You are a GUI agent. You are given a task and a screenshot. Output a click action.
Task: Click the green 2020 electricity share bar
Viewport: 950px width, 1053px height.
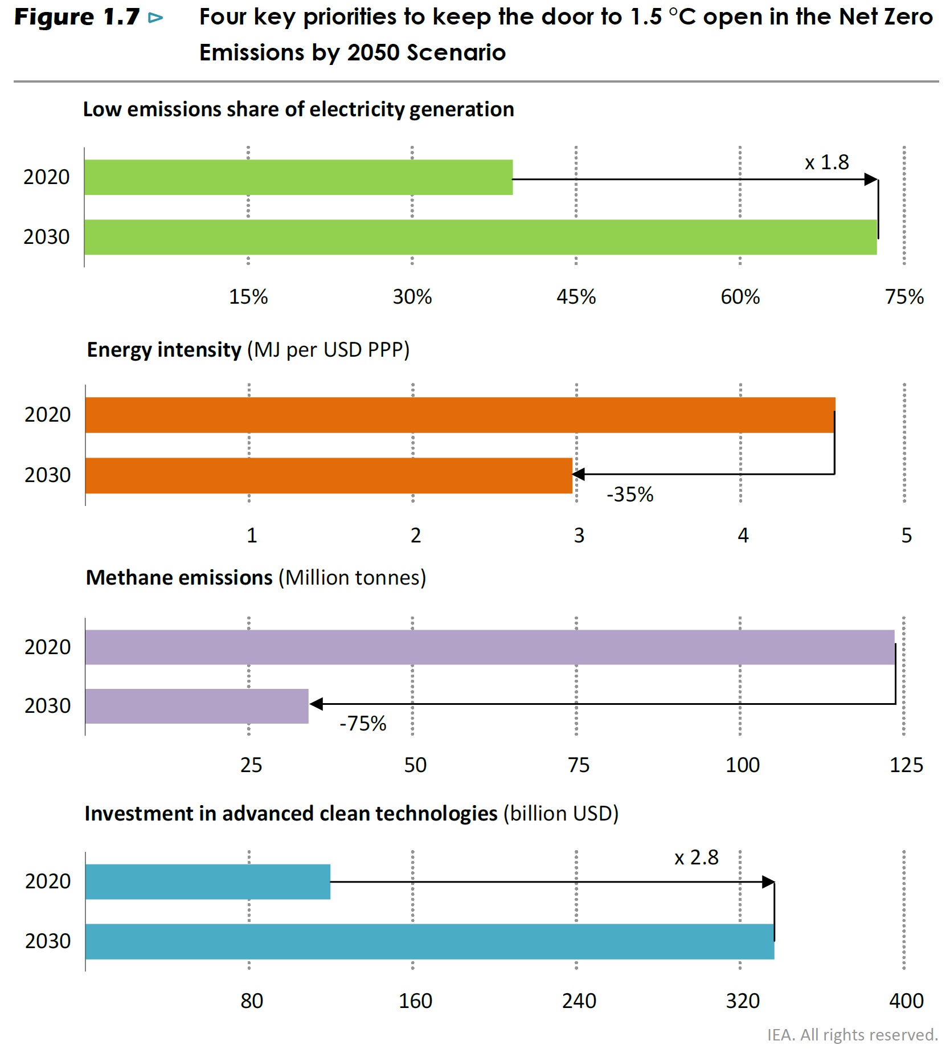pyautogui.click(x=298, y=177)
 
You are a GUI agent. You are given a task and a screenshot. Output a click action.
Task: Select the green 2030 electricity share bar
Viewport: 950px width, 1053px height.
pyautogui.click(x=481, y=237)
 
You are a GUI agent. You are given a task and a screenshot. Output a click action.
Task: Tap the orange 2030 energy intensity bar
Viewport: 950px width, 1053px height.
pyautogui.click(x=329, y=476)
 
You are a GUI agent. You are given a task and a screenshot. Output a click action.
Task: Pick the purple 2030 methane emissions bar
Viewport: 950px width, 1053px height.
pyautogui.click(x=197, y=706)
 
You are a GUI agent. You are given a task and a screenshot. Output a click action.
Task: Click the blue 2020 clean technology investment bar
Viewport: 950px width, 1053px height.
pyautogui.click(x=208, y=881)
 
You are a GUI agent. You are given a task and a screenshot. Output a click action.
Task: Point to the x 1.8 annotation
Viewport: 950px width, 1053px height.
pyautogui.click(x=826, y=162)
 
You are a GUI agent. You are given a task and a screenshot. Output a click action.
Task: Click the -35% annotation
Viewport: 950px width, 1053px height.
pyautogui.click(x=630, y=494)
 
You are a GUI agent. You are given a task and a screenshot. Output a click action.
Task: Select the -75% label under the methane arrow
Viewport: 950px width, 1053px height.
pyautogui.click(x=363, y=724)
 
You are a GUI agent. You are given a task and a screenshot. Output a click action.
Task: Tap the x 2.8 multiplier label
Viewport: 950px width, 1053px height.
pyautogui.click(x=696, y=858)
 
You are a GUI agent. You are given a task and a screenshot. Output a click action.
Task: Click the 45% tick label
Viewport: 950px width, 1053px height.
pyautogui.click(x=576, y=297)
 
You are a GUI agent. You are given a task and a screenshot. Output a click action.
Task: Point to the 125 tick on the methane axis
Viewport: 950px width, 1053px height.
pyautogui.click(x=906, y=765)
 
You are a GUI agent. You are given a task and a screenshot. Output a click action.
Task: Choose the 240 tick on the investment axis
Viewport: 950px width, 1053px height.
pyautogui.click(x=579, y=1001)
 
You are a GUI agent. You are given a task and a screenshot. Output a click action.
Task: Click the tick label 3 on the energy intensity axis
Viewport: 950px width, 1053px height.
pyautogui.click(x=579, y=536)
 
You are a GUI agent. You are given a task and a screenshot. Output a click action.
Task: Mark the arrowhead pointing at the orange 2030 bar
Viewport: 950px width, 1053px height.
pyautogui.click(x=578, y=474)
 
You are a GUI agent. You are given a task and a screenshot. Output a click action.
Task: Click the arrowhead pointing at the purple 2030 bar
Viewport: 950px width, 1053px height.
pyautogui.click(x=316, y=704)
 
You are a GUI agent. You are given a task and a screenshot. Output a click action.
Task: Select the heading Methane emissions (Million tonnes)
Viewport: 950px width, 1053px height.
pyautogui.click(x=256, y=578)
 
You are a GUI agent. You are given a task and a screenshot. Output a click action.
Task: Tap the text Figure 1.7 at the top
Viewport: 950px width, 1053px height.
pyautogui.click(x=77, y=17)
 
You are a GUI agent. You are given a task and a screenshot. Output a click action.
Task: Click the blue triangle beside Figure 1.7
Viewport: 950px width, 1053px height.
pyautogui.click(x=155, y=18)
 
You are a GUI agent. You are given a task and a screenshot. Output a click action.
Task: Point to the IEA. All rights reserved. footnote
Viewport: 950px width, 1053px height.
pyautogui.click(x=852, y=1035)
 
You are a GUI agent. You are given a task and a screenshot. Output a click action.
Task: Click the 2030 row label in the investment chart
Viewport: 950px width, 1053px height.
pyautogui.click(x=48, y=941)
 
